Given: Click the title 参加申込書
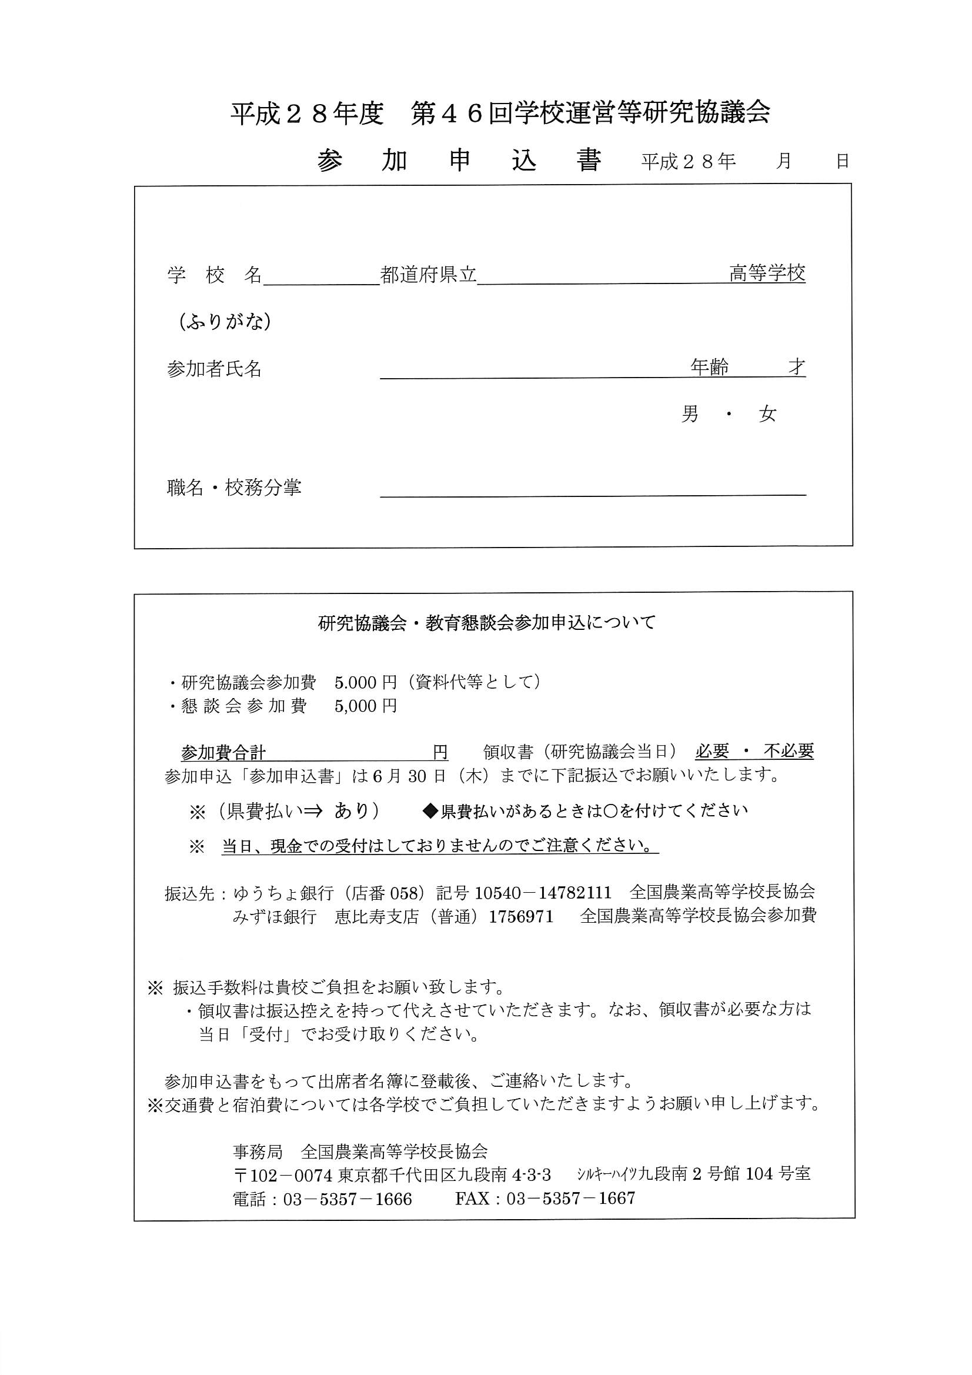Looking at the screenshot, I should click(459, 160).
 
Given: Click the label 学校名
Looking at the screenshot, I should click(215, 275).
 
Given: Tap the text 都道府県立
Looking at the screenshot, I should click(428, 275).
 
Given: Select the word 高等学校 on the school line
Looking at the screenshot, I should click(767, 273).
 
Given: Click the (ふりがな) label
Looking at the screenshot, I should click(225, 322).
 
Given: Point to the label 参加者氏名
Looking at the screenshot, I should click(214, 369).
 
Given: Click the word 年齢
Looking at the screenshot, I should click(709, 366).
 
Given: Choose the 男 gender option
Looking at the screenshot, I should click(690, 413).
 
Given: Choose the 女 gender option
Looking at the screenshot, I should click(767, 413).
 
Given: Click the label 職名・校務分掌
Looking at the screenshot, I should click(233, 488).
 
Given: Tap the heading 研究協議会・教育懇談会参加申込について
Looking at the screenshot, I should click(486, 623).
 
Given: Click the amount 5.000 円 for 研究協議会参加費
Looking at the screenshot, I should click(365, 682).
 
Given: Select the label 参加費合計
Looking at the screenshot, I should click(223, 752).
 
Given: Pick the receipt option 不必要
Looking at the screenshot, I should click(788, 750).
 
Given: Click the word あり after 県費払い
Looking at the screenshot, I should click(352, 810).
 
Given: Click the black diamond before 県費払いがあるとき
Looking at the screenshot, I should click(430, 811).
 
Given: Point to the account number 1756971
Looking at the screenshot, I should click(520, 916).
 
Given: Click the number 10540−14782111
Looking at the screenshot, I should click(543, 892).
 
